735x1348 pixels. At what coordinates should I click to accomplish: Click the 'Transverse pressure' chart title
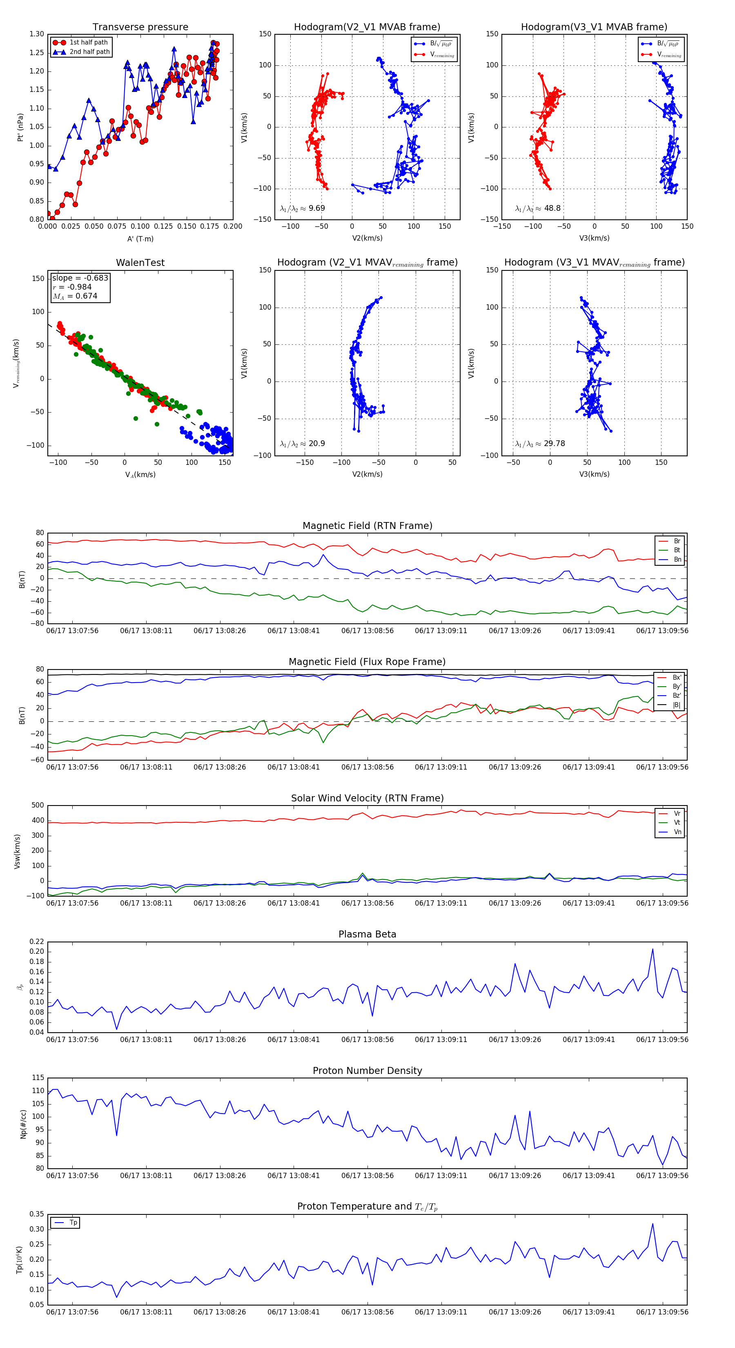(140, 27)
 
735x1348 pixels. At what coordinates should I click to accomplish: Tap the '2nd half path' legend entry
(89, 52)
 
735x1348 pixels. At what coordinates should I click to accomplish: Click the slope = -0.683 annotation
(80, 278)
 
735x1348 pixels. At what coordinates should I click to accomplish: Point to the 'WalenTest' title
(140, 263)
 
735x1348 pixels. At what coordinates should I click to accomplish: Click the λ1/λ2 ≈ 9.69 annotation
(302, 208)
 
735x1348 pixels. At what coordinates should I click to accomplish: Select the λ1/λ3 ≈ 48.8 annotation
(538, 208)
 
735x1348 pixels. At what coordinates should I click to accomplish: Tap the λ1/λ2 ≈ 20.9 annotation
(302, 444)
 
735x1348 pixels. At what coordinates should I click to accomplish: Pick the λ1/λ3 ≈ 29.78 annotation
(540, 444)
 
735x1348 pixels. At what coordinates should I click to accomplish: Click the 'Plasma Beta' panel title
(367, 935)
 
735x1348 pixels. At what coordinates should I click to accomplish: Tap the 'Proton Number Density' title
(367, 1071)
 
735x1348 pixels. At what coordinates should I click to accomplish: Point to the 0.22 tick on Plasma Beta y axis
(37, 942)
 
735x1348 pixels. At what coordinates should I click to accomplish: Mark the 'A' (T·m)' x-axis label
(140, 239)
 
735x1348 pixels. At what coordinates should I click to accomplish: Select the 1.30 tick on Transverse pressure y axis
(37, 35)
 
